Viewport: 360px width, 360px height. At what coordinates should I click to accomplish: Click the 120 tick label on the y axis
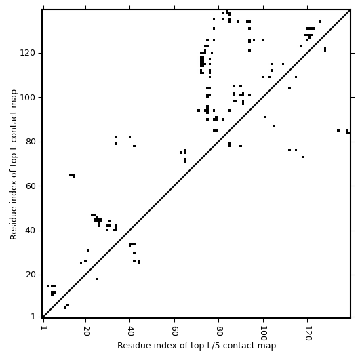click(27, 53)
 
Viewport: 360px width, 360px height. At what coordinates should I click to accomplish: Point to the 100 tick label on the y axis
click(27, 98)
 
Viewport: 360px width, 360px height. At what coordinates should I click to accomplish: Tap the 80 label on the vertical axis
click(30, 142)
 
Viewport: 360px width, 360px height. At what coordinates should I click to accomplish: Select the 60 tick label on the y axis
click(30, 186)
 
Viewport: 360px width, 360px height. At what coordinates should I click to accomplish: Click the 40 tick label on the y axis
click(30, 231)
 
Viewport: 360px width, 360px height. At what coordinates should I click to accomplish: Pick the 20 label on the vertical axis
click(30, 275)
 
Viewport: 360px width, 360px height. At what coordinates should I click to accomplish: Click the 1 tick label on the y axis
click(33, 317)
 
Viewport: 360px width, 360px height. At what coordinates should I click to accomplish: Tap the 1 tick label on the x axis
click(43, 328)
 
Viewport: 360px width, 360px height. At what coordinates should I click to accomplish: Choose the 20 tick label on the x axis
click(86, 331)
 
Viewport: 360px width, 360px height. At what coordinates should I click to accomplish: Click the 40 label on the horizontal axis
click(130, 331)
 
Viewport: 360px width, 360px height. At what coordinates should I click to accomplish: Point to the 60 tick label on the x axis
click(174, 331)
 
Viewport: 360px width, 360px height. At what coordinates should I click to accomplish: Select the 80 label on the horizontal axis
click(219, 331)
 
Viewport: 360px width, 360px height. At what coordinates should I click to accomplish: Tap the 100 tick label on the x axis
click(263, 333)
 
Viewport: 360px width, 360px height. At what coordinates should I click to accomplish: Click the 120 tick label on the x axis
click(307, 333)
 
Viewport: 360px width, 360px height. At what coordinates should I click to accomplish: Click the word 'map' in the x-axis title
click(268, 346)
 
